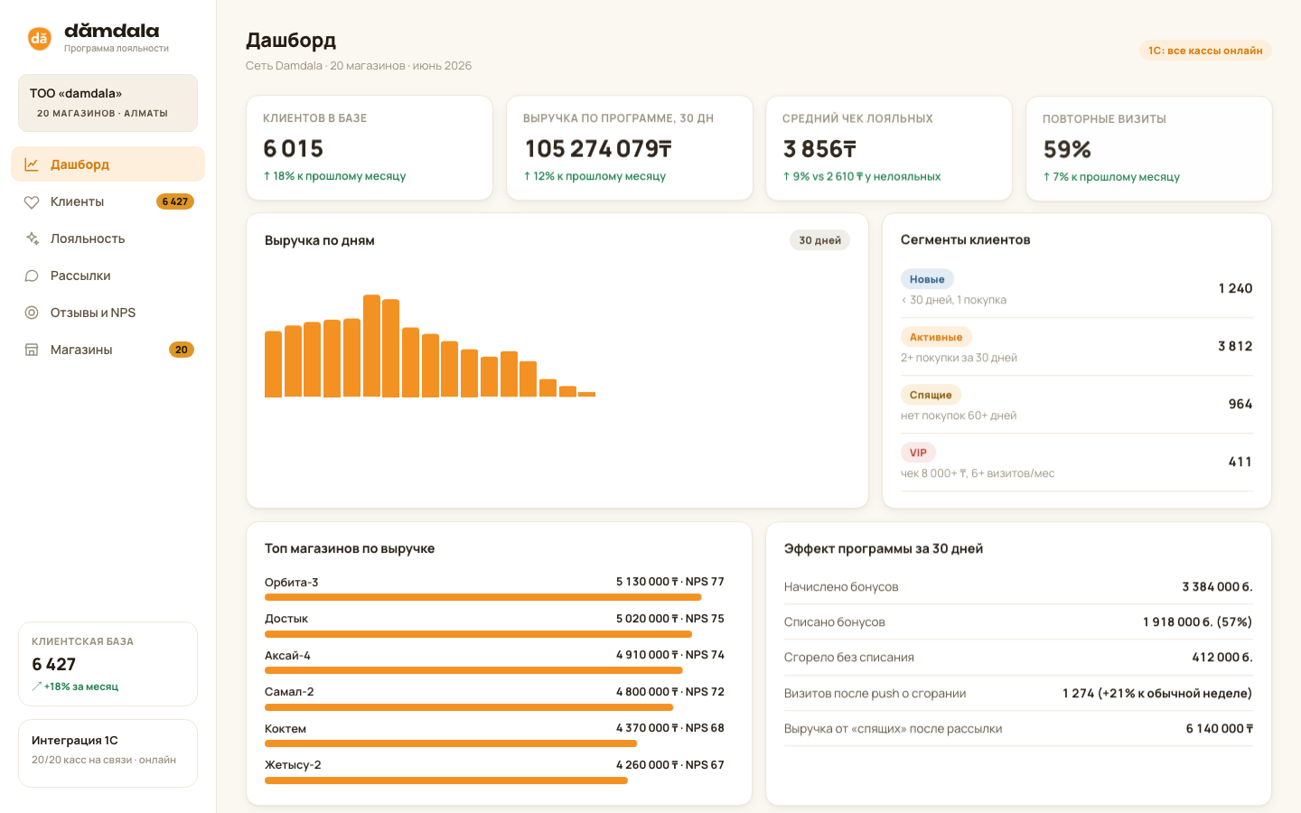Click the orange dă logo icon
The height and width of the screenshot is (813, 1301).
tap(40, 38)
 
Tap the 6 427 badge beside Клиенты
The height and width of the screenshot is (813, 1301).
tap(175, 201)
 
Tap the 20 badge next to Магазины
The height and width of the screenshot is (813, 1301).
tap(182, 350)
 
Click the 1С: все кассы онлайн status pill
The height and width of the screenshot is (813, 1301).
tap(1205, 51)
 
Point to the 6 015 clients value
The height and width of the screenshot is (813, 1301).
tap(294, 148)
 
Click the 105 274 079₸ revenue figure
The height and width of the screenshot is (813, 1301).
tap(598, 149)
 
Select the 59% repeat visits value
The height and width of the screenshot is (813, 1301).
tap(1067, 149)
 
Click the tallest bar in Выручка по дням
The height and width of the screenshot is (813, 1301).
tap(371, 345)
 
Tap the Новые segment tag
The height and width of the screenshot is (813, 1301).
tap(927, 279)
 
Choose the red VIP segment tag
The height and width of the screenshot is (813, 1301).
tap(918, 453)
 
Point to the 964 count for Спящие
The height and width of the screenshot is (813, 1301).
tap(1240, 404)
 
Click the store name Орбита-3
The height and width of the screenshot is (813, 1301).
tap(291, 582)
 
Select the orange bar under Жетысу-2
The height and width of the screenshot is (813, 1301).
tap(446, 780)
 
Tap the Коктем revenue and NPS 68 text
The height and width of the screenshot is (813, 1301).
tap(670, 728)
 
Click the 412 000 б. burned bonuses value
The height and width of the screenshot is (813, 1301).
tap(1222, 657)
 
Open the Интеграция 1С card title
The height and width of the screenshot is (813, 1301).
tap(74, 740)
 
